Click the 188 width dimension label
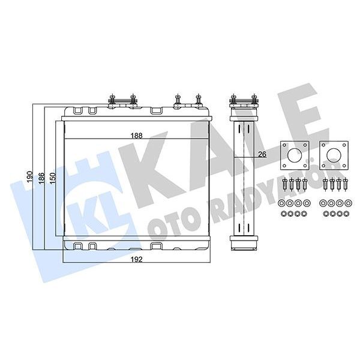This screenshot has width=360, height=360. pyautogui.click(x=137, y=136)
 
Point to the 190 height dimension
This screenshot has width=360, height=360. pyautogui.click(x=29, y=175)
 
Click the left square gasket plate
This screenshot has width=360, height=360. pyautogui.click(x=294, y=155)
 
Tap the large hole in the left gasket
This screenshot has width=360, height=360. pyautogui.click(x=294, y=155)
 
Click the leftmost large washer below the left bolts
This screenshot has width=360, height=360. pyautogui.click(x=283, y=202)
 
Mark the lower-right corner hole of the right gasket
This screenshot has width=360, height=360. pyautogui.click(x=343, y=165)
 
